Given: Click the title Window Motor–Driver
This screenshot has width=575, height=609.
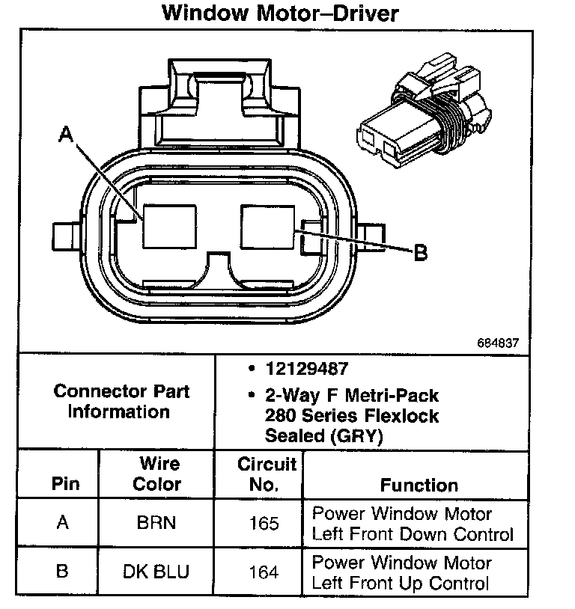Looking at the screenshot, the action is coord(280,13).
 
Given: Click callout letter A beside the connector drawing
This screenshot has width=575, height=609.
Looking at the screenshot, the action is coord(66,135).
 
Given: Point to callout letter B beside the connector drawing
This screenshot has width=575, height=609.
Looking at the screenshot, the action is coord(420,252).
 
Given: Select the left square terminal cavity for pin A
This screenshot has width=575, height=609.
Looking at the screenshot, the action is coord(169,227).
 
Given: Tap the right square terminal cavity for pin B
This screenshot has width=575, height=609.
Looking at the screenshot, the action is coord(267,227).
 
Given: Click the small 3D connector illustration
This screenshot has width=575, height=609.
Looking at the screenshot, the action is coord(425,110).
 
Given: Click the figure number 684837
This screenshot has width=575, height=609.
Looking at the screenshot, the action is coord(498,343).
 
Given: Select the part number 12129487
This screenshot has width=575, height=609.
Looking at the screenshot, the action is coord(307,369).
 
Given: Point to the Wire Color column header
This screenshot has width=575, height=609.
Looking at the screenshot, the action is coord(157,474).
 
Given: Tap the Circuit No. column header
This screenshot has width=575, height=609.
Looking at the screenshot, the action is coord(267,474).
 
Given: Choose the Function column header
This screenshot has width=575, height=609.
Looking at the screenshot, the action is coord(419,485).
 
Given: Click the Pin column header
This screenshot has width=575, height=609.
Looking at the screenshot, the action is coord(65,483).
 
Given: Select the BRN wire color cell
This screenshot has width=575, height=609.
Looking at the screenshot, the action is coord(156,522).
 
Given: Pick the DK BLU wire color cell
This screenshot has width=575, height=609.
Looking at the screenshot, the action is coord(156,572).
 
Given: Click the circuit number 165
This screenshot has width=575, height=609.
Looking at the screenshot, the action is coord(264,523).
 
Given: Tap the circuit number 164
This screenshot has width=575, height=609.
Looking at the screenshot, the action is coord(264,572).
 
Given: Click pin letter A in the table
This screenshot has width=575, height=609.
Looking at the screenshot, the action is coord(63,522).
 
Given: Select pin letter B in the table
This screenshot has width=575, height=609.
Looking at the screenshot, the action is coord(62,571).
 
